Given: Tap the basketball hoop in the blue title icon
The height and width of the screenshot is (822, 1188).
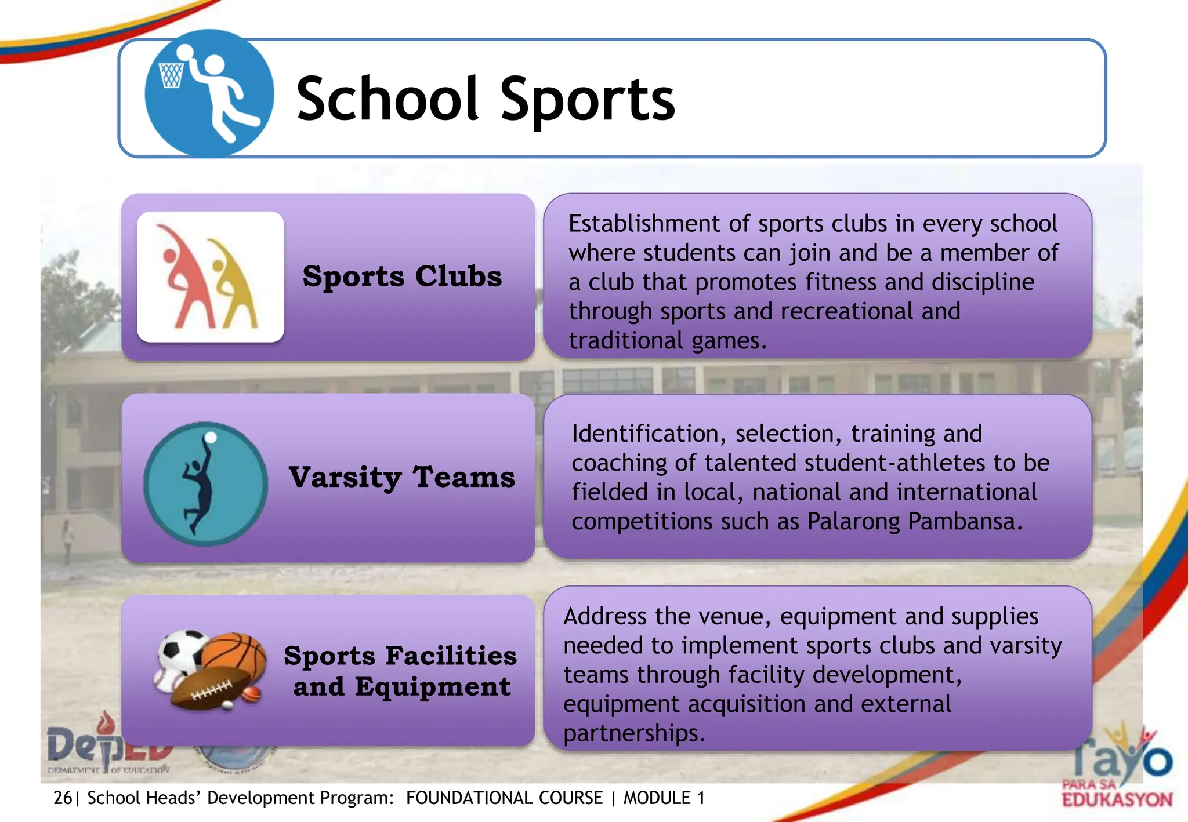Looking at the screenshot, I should pyautogui.click(x=171, y=75).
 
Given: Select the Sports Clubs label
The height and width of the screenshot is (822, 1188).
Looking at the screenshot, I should pyautogui.click(x=402, y=276).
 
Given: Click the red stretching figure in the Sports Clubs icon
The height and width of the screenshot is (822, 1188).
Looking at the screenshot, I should pyautogui.click(x=184, y=278).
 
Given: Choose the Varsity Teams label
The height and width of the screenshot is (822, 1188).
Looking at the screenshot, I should pyautogui.click(x=402, y=477).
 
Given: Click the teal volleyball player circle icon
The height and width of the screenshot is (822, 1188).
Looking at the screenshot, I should pyautogui.click(x=205, y=484).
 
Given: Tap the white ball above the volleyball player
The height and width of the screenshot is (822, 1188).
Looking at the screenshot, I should pyautogui.click(x=211, y=438).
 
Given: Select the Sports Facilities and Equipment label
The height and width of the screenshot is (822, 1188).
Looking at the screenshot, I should pyautogui.click(x=400, y=671).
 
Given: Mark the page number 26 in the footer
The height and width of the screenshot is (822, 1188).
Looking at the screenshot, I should pyautogui.click(x=62, y=798).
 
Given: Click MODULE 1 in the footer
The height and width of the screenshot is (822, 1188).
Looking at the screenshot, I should pyautogui.click(x=664, y=798).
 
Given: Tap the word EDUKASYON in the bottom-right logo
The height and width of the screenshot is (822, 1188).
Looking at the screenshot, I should pyautogui.click(x=1117, y=800).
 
